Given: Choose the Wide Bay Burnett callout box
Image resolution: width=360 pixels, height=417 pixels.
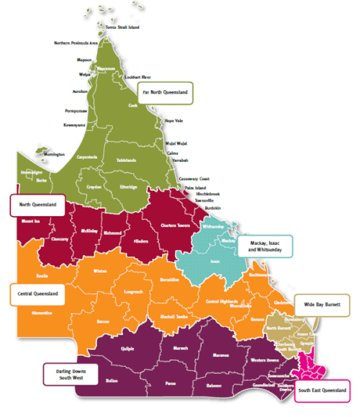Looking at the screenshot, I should point(322,305).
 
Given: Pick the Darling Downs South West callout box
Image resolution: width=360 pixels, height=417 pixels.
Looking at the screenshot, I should point(71,374).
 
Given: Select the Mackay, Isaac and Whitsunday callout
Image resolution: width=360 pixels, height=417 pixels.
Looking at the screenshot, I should point(266,246).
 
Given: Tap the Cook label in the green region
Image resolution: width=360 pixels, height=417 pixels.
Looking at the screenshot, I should point(132,105).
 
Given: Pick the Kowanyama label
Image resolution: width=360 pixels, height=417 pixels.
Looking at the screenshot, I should point(75,125).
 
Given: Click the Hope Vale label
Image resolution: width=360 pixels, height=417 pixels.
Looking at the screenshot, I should point(174,121).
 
